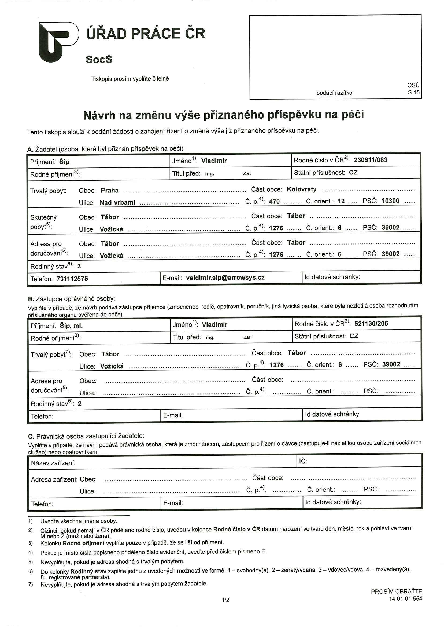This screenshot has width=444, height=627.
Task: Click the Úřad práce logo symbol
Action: pos(58,42)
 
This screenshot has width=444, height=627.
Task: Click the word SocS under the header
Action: pos(99,59)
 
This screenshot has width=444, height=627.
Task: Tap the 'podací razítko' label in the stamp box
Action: pos(334,93)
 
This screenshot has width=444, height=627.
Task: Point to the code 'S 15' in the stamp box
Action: pos(413,92)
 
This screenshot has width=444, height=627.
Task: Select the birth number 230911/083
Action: pos(371,160)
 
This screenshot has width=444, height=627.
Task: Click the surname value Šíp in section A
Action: pos(64,162)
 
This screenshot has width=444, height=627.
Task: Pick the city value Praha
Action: pos(110,191)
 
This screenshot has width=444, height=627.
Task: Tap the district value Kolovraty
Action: pos(302,189)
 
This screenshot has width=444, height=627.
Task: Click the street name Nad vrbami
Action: pos(117,203)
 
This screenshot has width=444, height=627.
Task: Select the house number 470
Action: pos(274,201)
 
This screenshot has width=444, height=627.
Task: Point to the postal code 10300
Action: pos(390,201)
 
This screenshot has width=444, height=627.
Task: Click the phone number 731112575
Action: pos(72,279)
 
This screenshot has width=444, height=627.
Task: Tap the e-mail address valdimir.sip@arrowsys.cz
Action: pos(225,278)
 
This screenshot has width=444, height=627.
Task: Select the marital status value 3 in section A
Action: pos(79,266)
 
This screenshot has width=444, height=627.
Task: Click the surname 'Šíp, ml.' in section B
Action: pos(71,326)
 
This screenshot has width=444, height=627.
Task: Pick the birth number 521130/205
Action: pos(371,323)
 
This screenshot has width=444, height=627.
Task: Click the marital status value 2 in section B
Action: pos(80,404)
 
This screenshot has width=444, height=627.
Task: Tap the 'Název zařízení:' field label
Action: pos(53,463)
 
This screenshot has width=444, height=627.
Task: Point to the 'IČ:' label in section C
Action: pos(303,461)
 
